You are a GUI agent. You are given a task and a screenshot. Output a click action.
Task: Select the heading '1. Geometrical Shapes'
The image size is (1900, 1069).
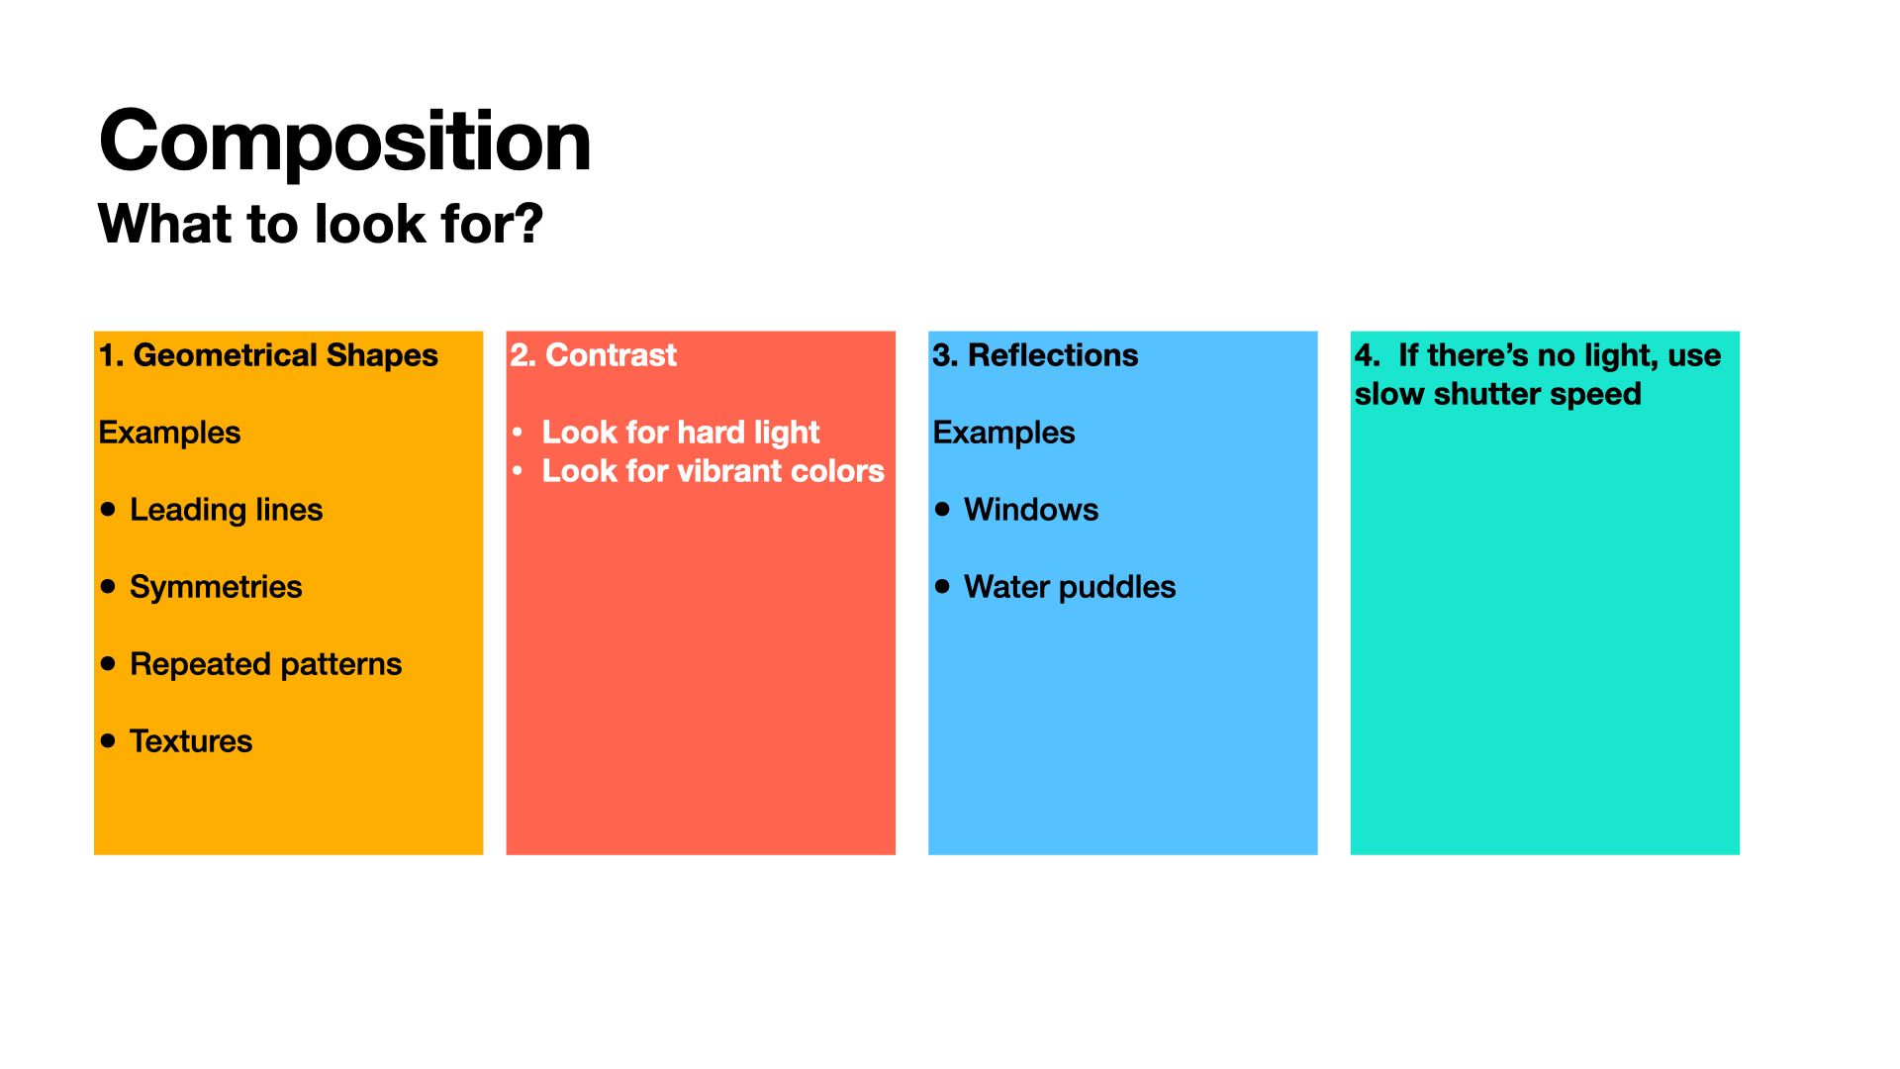[268, 355]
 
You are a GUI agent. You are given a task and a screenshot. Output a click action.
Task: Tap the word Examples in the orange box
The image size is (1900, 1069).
[169, 433]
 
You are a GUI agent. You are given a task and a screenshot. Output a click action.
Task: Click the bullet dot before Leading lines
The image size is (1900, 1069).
[109, 509]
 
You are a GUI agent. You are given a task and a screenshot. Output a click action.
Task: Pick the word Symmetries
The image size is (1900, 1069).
[216, 587]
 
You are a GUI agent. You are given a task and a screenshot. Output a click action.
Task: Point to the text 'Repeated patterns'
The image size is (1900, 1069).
[265, 664]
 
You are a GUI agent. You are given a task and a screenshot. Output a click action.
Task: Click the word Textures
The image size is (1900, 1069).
[191, 741]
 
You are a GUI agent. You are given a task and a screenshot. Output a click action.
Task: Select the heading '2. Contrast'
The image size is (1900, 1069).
[594, 355]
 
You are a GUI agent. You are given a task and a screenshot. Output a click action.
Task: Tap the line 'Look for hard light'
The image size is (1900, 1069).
[681, 433]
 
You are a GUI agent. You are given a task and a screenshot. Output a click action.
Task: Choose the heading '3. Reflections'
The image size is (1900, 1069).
[1035, 355]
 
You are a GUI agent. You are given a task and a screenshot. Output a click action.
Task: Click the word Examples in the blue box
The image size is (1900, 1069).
[1003, 433]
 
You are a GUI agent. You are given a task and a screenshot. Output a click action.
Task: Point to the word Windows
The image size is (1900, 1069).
[1031, 510]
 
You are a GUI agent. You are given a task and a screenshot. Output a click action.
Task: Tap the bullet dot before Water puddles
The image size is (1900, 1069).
[942, 586]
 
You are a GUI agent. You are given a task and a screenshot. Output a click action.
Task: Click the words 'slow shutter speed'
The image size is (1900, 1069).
[1498, 394]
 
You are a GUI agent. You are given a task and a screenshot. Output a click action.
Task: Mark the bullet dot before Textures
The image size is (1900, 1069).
[109, 740]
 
